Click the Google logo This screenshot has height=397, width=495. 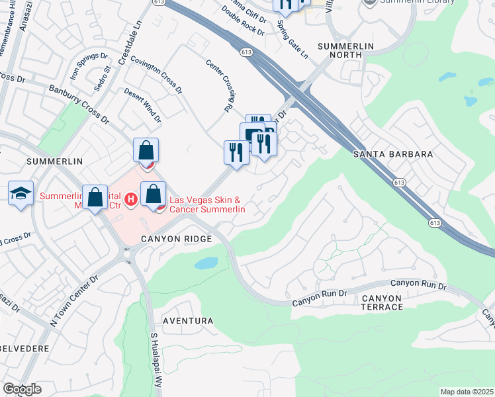[22, 389]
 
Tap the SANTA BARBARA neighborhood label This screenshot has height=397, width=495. [393, 154]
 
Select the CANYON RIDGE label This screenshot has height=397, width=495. [176, 238]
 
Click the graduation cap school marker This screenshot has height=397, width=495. [21, 194]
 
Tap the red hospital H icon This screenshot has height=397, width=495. [131, 198]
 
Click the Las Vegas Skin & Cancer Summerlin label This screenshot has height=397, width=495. [208, 204]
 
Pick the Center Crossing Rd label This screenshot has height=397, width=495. [221, 85]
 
